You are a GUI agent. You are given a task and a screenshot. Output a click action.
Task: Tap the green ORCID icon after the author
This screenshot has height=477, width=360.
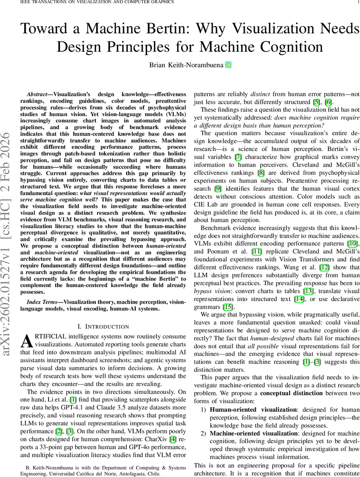point(228,65)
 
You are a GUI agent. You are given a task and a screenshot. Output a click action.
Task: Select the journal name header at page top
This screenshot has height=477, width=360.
point(90,3)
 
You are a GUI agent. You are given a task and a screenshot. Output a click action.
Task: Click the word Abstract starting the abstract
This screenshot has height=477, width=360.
point(38,95)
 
